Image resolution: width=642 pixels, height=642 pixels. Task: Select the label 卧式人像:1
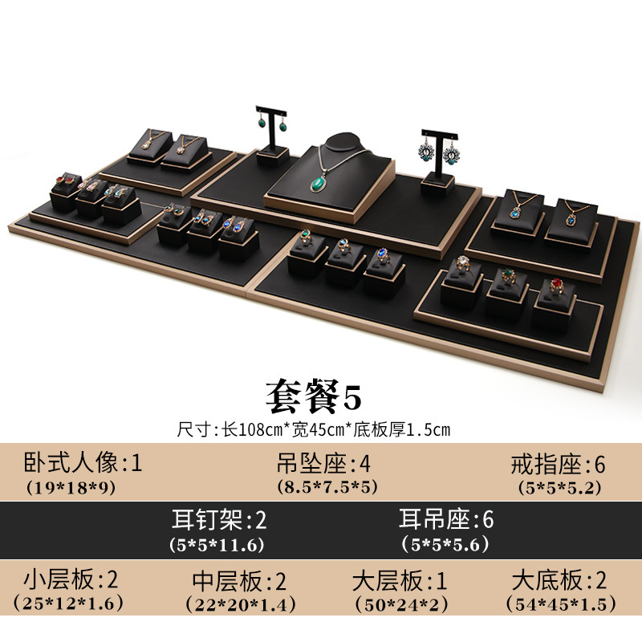click(x=83, y=463)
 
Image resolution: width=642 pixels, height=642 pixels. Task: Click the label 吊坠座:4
click(x=321, y=463)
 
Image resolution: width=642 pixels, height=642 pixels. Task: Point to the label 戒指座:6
click(x=559, y=463)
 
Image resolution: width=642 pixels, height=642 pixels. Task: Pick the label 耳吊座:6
click(x=447, y=519)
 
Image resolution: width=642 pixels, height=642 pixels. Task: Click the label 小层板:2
click(x=72, y=579)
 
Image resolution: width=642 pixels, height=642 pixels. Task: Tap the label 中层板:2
click(x=240, y=579)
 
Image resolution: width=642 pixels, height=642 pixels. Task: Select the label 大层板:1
click(x=400, y=579)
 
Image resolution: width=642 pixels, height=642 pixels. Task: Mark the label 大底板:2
click(x=559, y=579)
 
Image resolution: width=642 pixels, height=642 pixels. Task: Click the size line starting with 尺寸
click(x=314, y=429)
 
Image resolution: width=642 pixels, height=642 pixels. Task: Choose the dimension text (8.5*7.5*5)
click(x=321, y=486)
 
